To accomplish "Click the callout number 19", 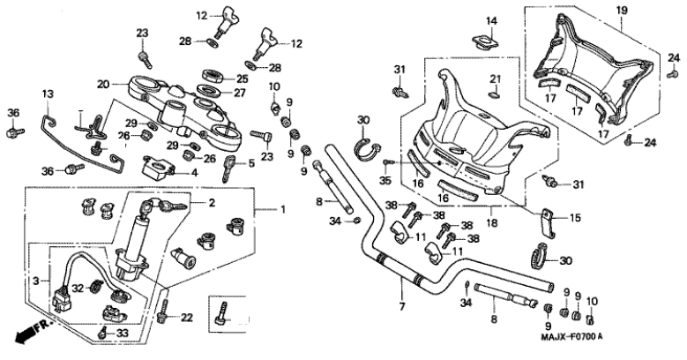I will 621,10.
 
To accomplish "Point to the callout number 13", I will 48,94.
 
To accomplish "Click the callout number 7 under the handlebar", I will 401,307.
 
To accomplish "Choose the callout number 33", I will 123,333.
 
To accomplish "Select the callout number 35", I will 384,181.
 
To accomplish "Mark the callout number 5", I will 251,163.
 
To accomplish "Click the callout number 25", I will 241,79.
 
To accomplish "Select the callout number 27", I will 241,93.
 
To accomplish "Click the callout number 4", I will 195,172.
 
